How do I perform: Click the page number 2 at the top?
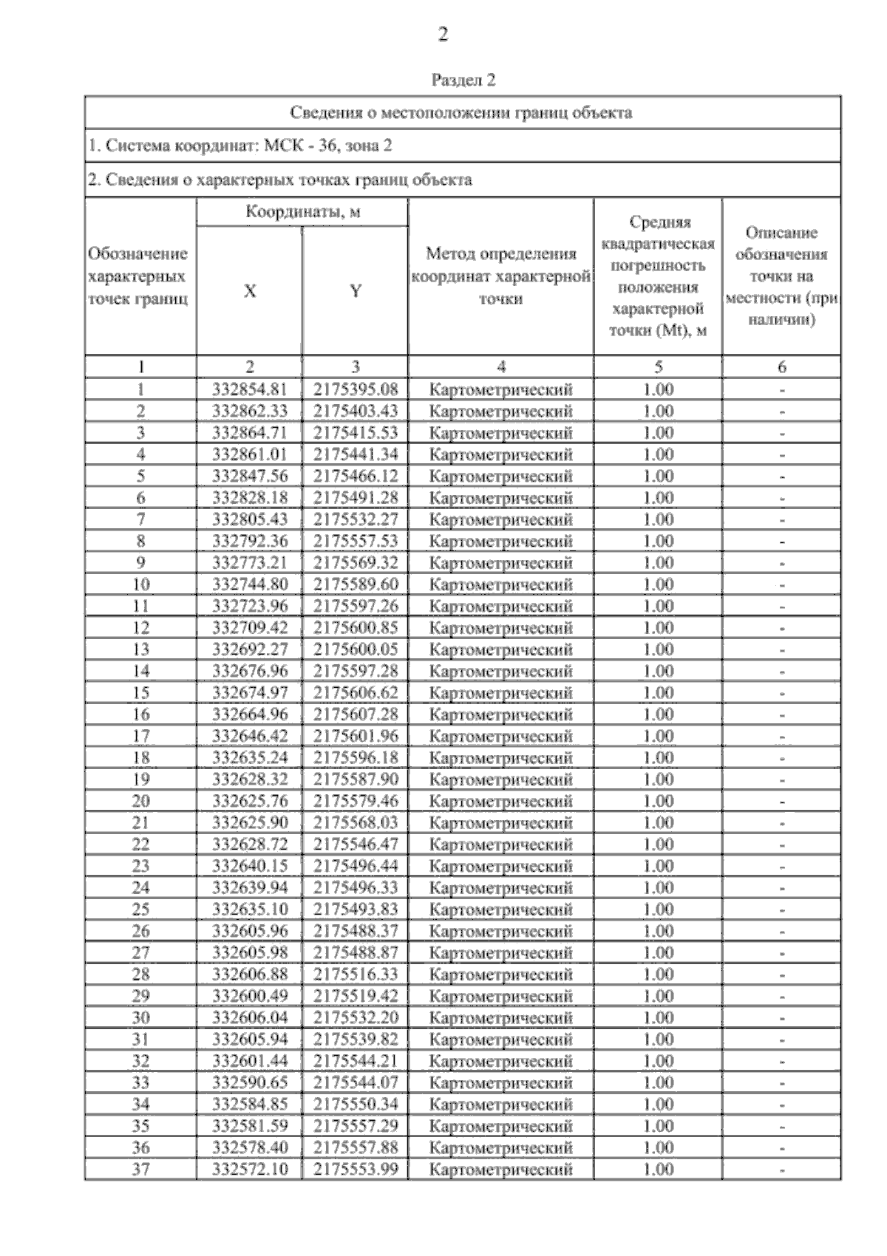click(443, 35)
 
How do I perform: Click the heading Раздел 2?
click(463, 80)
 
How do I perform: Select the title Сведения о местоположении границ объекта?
click(461, 112)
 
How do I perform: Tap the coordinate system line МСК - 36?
click(239, 146)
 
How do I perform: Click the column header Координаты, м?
click(303, 212)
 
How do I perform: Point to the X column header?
click(250, 291)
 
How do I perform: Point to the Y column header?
click(356, 291)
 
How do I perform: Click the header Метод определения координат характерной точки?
click(501, 276)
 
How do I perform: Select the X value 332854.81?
click(250, 389)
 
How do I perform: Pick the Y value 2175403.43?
click(356, 411)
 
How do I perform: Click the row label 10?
click(140, 584)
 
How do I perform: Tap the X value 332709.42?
click(250, 628)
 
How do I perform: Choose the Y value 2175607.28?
click(356, 714)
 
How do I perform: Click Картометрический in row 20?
click(501, 801)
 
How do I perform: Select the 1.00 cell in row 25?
click(658, 909)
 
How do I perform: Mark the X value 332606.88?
click(250, 975)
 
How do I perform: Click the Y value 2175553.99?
click(356, 1170)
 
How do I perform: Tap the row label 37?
click(140, 1170)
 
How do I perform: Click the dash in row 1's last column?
click(782, 390)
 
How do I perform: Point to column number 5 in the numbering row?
click(658, 366)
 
